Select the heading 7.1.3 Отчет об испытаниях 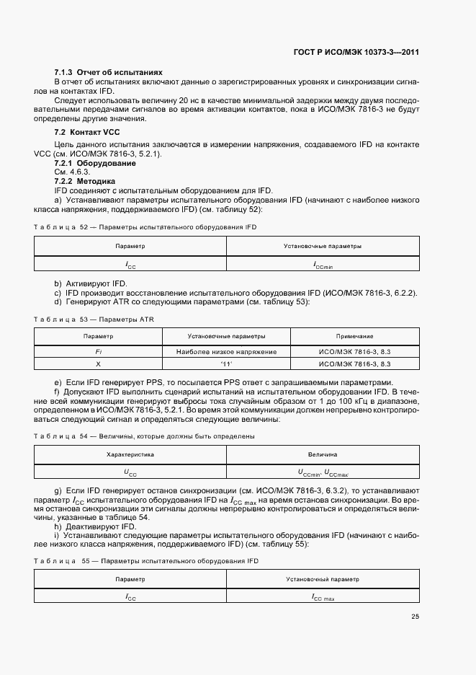pyautogui.click(x=108, y=73)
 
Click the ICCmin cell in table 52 pyautogui.click(x=323, y=265)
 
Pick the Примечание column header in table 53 pyautogui.click(x=354, y=336)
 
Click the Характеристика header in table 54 pyautogui.click(x=130, y=454)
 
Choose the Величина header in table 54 pyautogui.click(x=323, y=454)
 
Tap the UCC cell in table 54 pyautogui.click(x=130, y=473)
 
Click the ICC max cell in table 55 pyautogui.click(x=323, y=597)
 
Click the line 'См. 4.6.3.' pyautogui.click(x=72, y=172)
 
